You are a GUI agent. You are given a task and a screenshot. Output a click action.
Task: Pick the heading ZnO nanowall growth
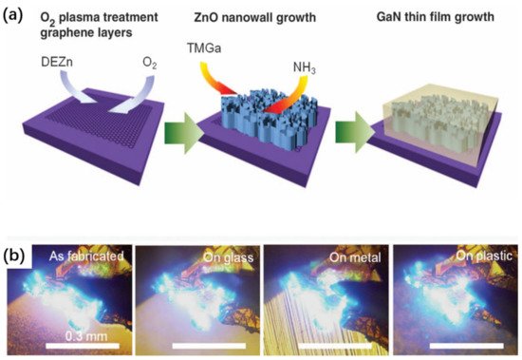(x=258, y=12)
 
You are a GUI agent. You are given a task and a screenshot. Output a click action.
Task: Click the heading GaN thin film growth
(x=429, y=12)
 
